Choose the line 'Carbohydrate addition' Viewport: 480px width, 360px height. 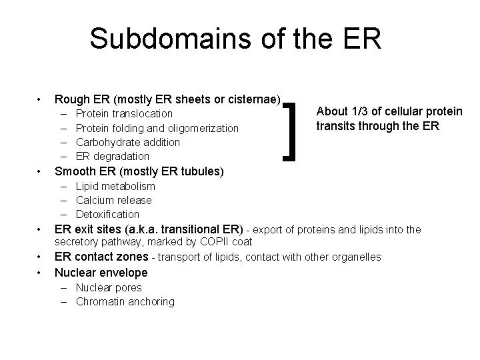click(x=128, y=142)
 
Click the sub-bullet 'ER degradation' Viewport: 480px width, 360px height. click(x=113, y=156)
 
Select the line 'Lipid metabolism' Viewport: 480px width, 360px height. click(x=115, y=186)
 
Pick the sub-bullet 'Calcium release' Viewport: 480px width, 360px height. click(x=114, y=200)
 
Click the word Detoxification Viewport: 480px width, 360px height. click(x=107, y=214)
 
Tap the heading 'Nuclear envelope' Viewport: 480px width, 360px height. click(x=101, y=272)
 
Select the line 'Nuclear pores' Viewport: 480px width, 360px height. click(x=109, y=287)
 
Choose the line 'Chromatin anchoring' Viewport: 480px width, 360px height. click(x=125, y=301)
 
